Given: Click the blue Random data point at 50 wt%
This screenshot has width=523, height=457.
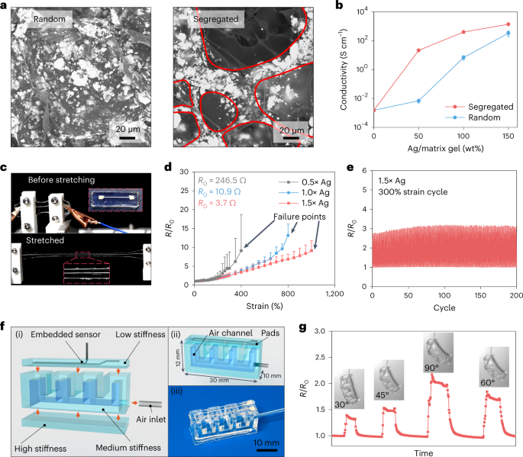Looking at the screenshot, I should [418, 101].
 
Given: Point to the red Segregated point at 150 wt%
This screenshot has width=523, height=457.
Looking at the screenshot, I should [508, 24].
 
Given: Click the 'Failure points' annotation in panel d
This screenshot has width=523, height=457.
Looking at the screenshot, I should [299, 217].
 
